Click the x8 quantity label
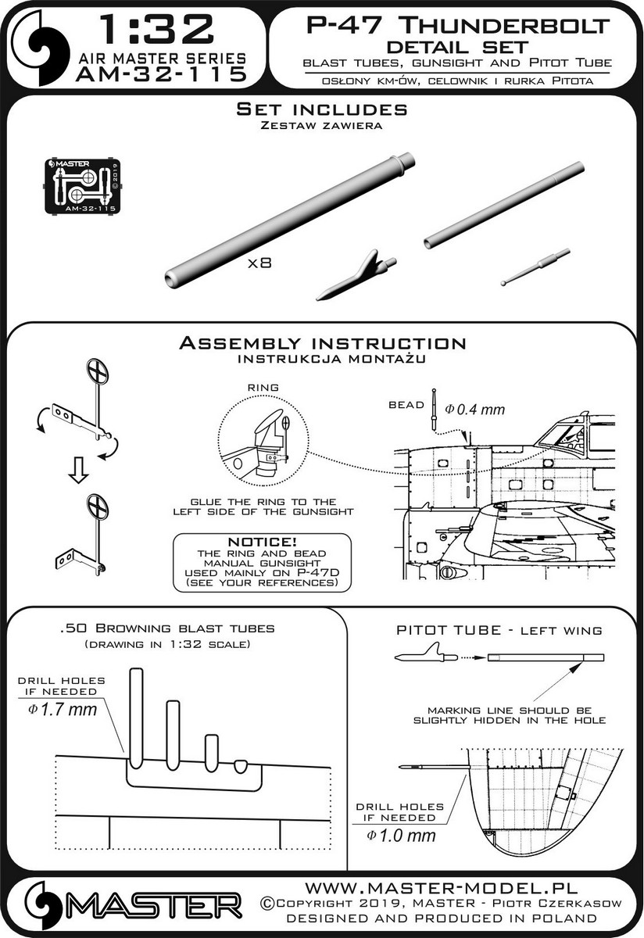[258, 264]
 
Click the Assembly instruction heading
[322, 344]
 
